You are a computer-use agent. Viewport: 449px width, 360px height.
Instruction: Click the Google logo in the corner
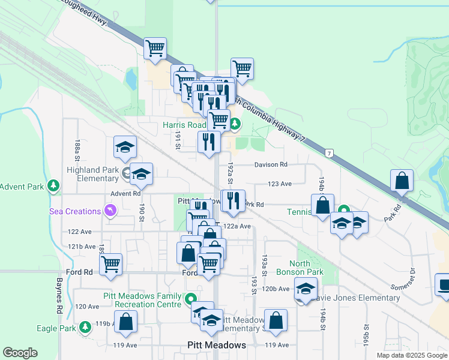pyautogui.click(x=20, y=353)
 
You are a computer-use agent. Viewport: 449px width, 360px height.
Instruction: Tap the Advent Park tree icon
pyautogui.click(x=55, y=187)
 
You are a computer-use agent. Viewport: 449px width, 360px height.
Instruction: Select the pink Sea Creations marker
pyautogui.click(x=110, y=211)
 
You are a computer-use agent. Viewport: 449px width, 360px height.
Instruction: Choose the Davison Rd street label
pyautogui.click(x=271, y=164)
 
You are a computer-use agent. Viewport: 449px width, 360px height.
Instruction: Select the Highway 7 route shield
pyautogui.click(x=330, y=154)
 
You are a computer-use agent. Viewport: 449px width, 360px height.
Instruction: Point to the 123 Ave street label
pyautogui.click(x=279, y=184)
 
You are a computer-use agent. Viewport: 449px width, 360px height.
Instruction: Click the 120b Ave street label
pyautogui.click(x=276, y=289)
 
